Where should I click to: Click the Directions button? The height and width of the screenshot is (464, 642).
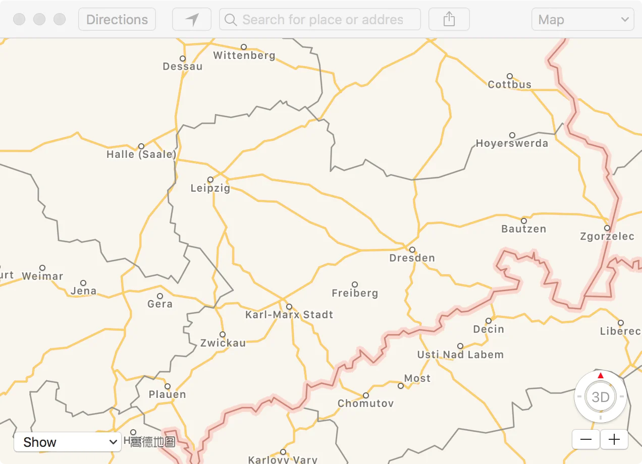click(117, 20)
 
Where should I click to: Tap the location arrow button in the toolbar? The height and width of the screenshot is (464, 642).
click(192, 20)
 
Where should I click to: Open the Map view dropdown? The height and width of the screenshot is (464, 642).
click(582, 20)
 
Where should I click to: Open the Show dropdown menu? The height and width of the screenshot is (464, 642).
click(68, 442)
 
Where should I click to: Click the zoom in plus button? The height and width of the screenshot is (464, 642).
click(614, 439)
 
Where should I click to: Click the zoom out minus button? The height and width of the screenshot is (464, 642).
click(586, 439)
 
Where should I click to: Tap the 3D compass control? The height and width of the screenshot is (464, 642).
click(601, 397)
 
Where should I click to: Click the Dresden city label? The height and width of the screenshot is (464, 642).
click(412, 258)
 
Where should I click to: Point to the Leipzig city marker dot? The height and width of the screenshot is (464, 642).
click(210, 180)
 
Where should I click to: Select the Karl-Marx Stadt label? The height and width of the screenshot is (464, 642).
click(289, 315)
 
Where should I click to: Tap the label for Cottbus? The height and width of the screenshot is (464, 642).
click(510, 85)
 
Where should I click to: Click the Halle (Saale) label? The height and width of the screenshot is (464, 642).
click(141, 155)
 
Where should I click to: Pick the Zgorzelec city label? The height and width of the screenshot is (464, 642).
click(607, 237)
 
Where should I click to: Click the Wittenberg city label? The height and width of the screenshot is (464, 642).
click(244, 55)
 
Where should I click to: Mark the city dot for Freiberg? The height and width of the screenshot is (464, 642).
click(355, 284)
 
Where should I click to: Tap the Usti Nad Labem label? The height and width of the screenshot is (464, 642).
click(460, 355)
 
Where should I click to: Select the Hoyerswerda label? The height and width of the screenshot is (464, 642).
click(512, 144)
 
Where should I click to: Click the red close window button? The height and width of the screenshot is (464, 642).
click(19, 20)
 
